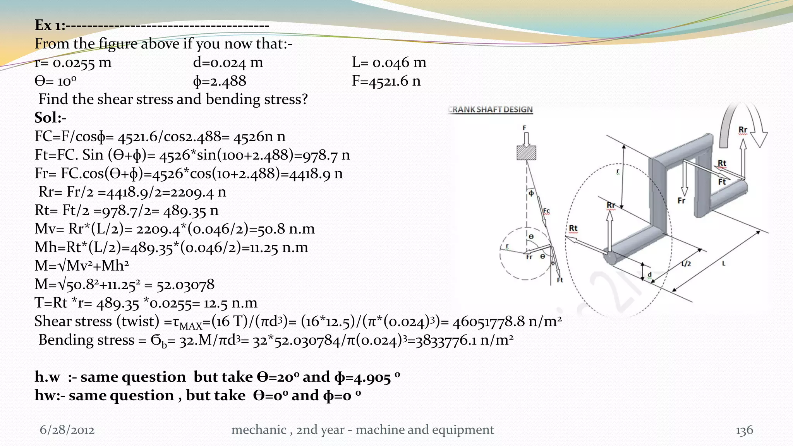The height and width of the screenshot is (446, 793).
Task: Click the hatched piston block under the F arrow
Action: click(526, 153)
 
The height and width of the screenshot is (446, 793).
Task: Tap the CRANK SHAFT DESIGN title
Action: click(491, 110)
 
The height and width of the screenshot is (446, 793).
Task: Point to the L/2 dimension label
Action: click(686, 264)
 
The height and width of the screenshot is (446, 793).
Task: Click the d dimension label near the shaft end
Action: click(650, 274)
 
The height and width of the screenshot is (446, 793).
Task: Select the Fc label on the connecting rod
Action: click(546, 211)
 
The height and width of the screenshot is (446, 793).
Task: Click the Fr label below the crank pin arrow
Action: click(681, 201)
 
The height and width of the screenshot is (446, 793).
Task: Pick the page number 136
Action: click(744, 430)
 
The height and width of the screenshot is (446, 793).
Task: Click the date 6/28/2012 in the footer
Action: click(67, 430)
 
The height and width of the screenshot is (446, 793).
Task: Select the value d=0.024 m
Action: click(228, 62)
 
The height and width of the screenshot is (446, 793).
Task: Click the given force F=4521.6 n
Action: click(386, 81)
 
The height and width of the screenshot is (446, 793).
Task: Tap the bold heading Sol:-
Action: click(50, 118)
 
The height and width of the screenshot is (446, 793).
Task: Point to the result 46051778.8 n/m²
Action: click(507, 321)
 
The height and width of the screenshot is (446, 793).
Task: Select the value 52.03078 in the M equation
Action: click(185, 285)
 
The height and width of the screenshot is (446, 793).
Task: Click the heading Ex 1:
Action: click(50, 25)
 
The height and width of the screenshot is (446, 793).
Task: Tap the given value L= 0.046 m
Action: click(389, 62)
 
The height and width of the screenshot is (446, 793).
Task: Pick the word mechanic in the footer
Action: click(259, 430)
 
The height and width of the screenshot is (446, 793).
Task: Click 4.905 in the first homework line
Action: click(372, 377)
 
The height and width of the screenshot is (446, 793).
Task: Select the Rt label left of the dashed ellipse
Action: click(573, 228)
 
